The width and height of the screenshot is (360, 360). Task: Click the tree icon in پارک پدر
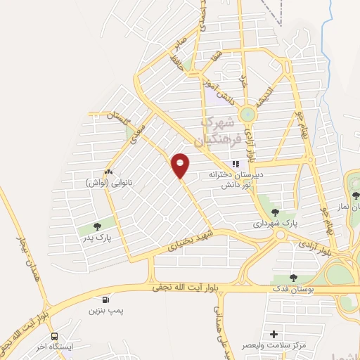pos(97,226)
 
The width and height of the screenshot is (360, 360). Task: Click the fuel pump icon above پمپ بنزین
pos(105,297)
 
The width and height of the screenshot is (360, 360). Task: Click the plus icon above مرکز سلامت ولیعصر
pos(274,334)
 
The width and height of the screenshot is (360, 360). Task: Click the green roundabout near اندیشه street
pos(248,115)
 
